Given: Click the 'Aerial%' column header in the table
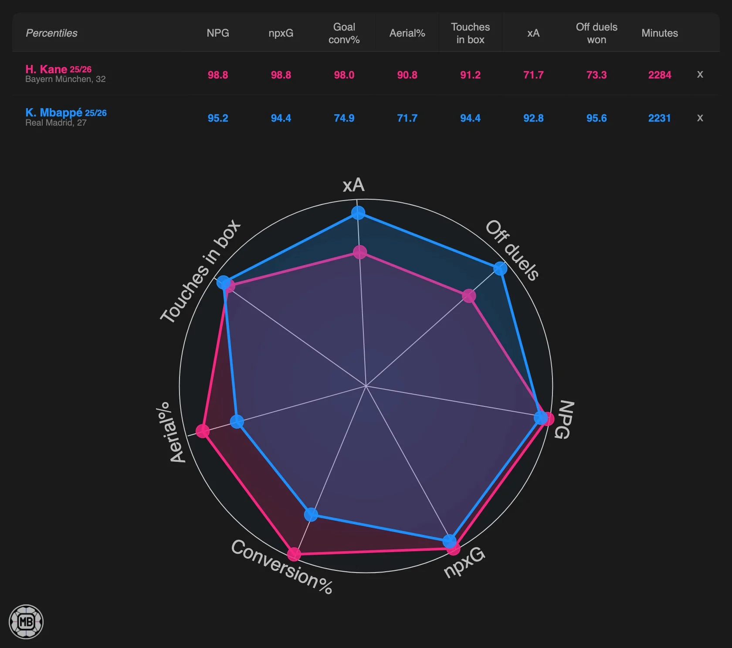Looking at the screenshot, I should (x=407, y=33).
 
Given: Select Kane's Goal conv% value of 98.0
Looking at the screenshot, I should (x=344, y=75).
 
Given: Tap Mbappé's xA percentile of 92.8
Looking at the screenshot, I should (x=533, y=118).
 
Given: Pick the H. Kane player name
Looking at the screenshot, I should (x=46, y=69).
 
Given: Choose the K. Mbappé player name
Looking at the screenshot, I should (x=54, y=113).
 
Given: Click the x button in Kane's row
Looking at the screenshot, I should (x=700, y=75).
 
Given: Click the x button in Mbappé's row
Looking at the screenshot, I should (x=700, y=118).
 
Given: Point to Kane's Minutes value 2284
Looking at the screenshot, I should (x=659, y=75).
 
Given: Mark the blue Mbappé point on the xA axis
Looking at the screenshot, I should (x=358, y=213).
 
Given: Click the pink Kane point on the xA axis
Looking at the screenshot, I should (x=360, y=252).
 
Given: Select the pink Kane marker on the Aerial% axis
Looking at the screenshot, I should (x=203, y=431).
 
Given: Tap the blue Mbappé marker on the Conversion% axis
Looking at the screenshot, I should (x=311, y=515).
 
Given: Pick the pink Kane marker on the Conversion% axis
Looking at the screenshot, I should (x=294, y=554).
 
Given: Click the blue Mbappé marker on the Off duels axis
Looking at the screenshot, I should (x=500, y=268).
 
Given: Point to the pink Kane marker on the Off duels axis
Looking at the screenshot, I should (x=469, y=296).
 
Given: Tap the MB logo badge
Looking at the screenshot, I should (x=26, y=621).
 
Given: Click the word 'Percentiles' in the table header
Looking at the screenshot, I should (x=51, y=33).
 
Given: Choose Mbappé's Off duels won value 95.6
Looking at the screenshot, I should (x=596, y=118).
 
